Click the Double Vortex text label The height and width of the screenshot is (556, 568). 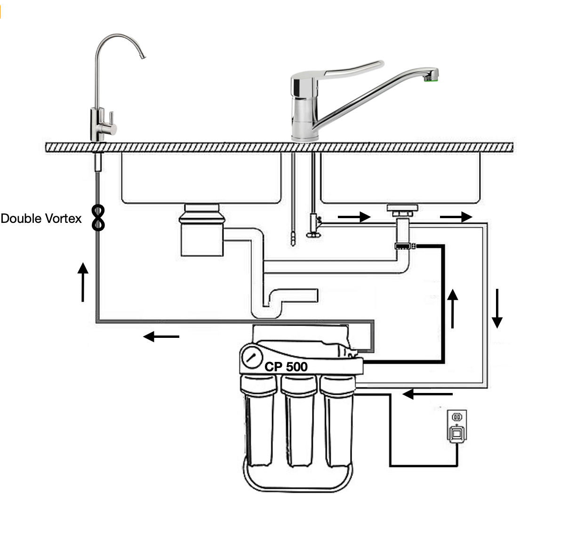click(41, 219)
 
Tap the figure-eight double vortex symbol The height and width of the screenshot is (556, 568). click(98, 217)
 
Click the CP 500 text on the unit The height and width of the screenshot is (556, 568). click(286, 367)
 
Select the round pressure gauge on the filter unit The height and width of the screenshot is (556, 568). click(252, 357)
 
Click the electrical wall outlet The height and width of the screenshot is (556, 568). click(456, 426)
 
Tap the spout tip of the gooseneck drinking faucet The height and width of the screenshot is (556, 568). click(143, 57)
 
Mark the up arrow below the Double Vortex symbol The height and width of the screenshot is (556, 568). click(83, 282)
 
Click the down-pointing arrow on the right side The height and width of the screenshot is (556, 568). click(497, 308)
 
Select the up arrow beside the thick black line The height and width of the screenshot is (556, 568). click(452, 308)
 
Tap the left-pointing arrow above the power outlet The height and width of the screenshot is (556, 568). click(428, 393)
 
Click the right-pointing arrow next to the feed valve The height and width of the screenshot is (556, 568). click(354, 217)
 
